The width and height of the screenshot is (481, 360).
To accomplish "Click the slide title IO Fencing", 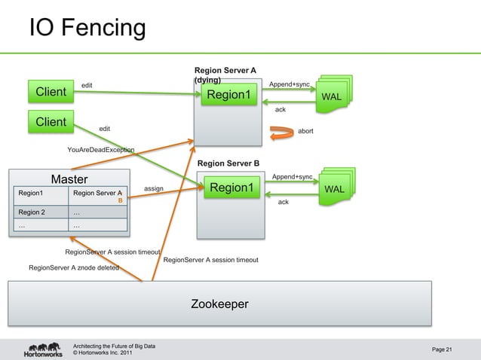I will coord(87,28).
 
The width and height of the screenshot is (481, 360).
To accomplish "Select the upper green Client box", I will coord(51,92).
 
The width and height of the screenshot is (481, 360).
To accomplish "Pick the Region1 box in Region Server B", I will coord(231,188).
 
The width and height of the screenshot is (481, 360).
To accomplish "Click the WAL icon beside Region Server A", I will coord(332,95).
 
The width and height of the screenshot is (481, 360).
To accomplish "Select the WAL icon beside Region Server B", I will coord(334,187).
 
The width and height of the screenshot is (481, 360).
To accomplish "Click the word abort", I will coord(306,131).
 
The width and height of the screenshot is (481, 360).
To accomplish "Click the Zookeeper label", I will coord(219,304).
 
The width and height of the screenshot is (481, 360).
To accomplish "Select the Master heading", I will coord(69,179).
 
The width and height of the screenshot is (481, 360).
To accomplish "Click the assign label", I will coord(154,188).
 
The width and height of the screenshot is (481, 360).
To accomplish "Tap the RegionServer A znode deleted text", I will coord(73,267).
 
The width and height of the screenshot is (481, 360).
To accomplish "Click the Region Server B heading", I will coord(228,163).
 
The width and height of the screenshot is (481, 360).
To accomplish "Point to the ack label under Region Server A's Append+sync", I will coord(280,110).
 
